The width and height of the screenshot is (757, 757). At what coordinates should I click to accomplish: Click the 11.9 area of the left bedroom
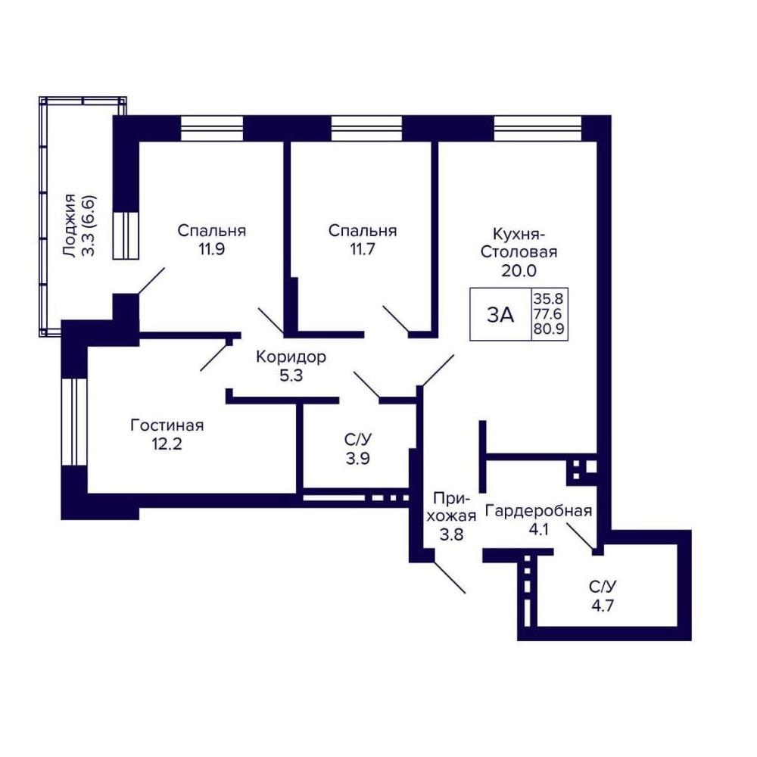(x=211, y=250)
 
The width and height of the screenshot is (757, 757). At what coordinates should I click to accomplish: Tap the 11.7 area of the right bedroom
(x=362, y=250)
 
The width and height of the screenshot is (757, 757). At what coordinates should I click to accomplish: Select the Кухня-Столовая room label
(x=519, y=243)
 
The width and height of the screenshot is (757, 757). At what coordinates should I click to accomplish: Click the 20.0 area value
(x=519, y=271)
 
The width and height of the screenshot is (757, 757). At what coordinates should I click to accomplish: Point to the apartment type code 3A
(x=500, y=315)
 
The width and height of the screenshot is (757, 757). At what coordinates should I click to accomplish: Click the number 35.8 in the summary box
(x=549, y=297)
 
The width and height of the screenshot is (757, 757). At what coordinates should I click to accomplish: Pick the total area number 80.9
(x=549, y=330)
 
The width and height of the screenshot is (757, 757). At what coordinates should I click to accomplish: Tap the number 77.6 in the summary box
(x=549, y=313)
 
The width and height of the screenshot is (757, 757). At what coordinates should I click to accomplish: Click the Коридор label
(x=291, y=357)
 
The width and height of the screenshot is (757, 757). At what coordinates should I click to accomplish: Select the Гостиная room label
(x=167, y=425)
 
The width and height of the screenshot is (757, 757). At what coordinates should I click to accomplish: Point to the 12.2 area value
(x=167, y=444)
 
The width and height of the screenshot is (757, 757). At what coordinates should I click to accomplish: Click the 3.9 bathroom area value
(x=358, y=458)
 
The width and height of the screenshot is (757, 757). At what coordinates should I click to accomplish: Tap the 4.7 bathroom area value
(x=603, y=605)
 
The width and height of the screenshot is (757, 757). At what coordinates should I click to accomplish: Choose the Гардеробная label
(x=538, y=511)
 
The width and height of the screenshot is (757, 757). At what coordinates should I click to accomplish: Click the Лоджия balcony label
(x=70, y=226)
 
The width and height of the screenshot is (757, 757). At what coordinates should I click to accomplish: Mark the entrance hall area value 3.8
(x=451, y=534)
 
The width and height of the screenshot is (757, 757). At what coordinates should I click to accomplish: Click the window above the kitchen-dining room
(x=537, y=129)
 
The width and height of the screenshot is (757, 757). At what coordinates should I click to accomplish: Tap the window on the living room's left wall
(x=74, y=422)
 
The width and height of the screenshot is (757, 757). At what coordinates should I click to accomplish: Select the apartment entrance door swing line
(x=450, y=578)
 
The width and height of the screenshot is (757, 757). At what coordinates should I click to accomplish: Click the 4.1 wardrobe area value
(x=538, y=530)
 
